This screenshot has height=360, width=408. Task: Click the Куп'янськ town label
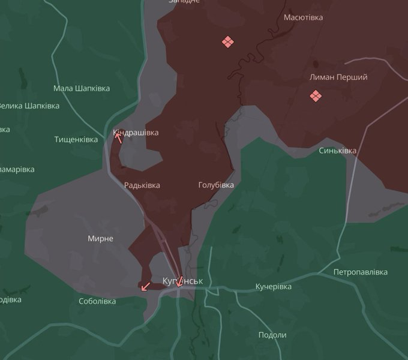[183, 281]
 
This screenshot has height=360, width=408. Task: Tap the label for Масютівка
[303, 17]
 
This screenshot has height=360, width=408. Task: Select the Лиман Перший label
[338, 77]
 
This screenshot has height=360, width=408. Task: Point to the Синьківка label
[338, 151]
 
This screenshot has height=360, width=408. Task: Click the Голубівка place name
[216, 185]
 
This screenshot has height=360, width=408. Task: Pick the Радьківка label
[142, 185]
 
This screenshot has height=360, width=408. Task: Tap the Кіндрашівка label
[136, 133]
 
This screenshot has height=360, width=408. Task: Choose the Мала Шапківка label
[82, 88]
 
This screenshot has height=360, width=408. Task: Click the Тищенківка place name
[76, 139]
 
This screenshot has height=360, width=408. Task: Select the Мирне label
[100, 239]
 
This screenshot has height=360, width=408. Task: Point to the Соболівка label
[97, 301]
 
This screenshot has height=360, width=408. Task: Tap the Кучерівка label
[273, 286]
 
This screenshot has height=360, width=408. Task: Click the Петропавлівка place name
[361, 272]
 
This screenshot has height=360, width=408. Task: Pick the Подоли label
[272, 335]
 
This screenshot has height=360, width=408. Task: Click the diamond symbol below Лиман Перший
[316, 96]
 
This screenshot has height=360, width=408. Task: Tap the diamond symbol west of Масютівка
[227, 41]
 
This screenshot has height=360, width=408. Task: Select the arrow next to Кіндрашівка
[119, 137]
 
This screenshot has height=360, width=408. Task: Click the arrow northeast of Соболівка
[145, 286]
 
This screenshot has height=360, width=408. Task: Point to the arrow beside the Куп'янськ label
[179, 281]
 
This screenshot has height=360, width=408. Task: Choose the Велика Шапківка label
[28, 106]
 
